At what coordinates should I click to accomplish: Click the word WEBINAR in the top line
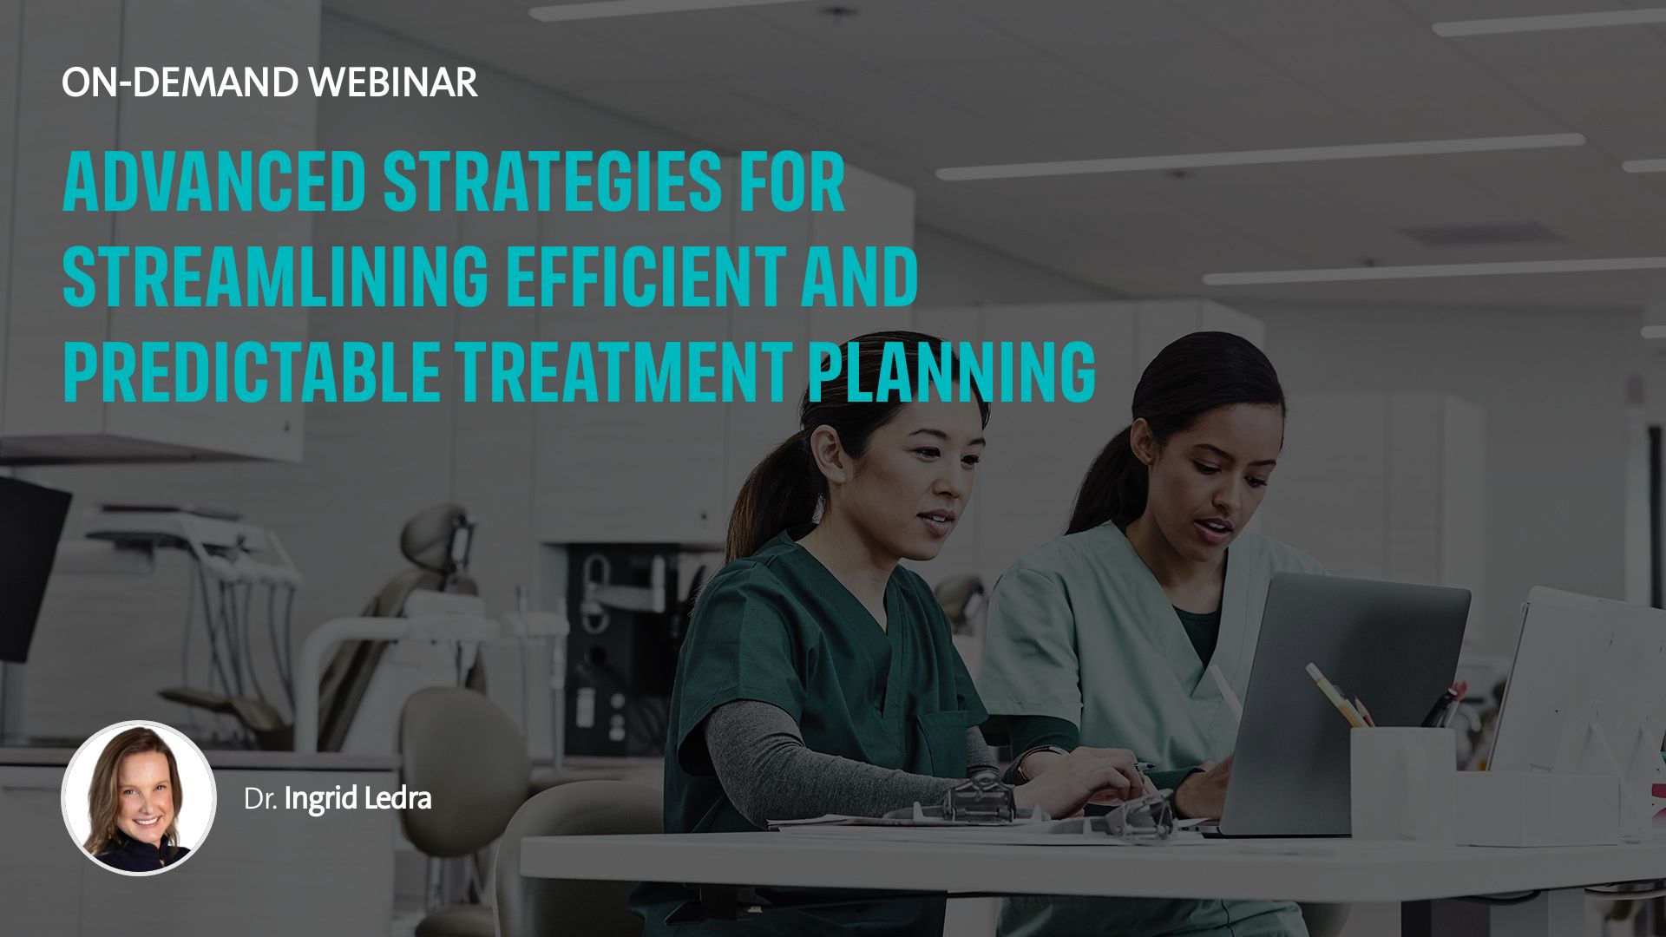click(394, 82)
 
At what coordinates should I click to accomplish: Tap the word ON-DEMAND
click(180, 82)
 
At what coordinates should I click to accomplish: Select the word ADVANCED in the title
click(214, 182)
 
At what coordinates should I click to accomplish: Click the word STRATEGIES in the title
click(552, 182)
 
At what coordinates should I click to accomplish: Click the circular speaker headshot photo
click(139, 797)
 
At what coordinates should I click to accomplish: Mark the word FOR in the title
click(791, 182)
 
